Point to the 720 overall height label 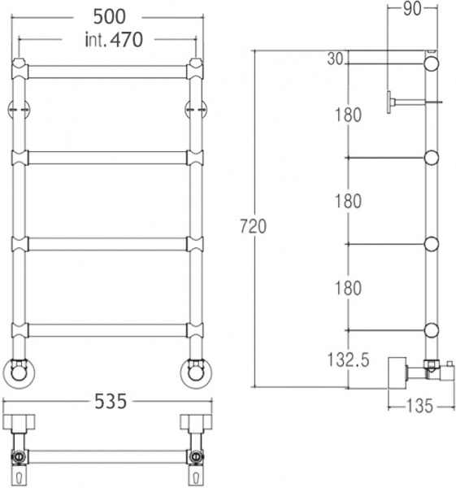coord(254,228)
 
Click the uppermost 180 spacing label coord(347,115)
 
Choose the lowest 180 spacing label coord(347,287)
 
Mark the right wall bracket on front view coord(195,109)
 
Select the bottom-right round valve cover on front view coord(195,372)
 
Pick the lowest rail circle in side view coord(431,329)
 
